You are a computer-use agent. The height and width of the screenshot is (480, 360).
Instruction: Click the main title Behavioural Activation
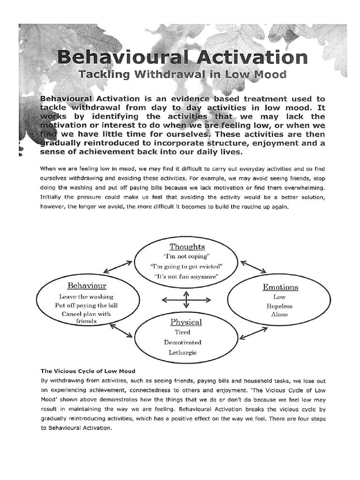(x=182, y=58)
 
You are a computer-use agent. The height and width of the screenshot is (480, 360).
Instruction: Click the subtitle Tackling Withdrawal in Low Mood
(x=182, y=75)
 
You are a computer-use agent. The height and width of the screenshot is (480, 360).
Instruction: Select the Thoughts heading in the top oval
(x=187, y=247)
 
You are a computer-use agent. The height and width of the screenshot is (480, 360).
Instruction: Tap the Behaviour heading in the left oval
(x=87, y=285)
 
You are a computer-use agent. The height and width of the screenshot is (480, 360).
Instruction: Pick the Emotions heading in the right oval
(x=280, y=287)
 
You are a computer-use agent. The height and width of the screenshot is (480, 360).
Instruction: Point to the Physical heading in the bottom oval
(x=186, y=322)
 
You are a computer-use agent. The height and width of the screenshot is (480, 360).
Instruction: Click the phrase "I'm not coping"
(x=186, y=256)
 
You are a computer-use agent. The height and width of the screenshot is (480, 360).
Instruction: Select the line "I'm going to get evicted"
(x=186, y=266)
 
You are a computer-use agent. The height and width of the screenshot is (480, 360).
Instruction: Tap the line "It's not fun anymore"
(x=186, y=277)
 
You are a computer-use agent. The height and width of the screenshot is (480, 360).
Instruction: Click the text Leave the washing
(x=86, y=297)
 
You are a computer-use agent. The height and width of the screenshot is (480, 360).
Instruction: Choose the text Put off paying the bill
(x=86, y=305)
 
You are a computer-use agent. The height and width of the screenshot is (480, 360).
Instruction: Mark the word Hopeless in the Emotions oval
(x=279, y=306)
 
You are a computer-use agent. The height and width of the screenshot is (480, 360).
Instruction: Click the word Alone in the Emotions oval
(x=279, y=315)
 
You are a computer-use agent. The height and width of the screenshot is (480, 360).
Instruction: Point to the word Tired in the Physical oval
(x=182, y=332)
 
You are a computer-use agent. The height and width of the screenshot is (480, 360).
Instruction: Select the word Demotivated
(x=183, y=342)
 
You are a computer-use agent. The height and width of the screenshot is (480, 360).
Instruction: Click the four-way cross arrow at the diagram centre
(x=186, y=299)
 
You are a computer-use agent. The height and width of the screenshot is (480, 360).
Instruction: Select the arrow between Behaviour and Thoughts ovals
(x=117, y=267)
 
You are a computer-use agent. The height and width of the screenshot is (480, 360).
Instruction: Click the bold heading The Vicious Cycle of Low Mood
(x=88, y=371)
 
